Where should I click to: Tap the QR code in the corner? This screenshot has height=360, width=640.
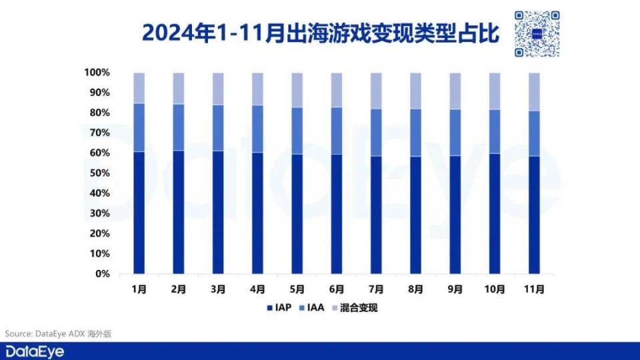pyautogui.click(x=537, y=33)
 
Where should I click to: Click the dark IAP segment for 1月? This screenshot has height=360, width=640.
pyautogui.click(x=139, y=213)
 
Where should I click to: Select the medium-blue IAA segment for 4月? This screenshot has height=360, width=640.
pyautogui.click(x=257, y=129)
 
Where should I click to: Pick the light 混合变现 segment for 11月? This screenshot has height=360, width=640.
pyautogui.click(x=534, y=91)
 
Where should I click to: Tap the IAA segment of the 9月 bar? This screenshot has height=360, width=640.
pyautogui.click(x=455, y=132)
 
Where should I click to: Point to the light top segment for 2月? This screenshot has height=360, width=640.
pyautogui.click(x=179, y=88)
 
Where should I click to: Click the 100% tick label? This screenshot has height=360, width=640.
pyautogui.click(x=97, y=72)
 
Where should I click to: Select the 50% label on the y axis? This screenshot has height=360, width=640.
pyautogui.click(x=99, y=173)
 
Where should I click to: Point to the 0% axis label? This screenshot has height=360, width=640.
pyautogui.click(x=101, y=274)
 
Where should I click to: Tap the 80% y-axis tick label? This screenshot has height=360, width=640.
pyautogui.click(x=99, y=113)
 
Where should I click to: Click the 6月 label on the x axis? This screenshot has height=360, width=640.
pyautogui.click(x=337, y=289)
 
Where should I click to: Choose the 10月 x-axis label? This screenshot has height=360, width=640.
pyautogui.click(x=495, y=289)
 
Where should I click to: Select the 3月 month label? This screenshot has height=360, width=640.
pyautogui.click(x=218, y=289)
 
